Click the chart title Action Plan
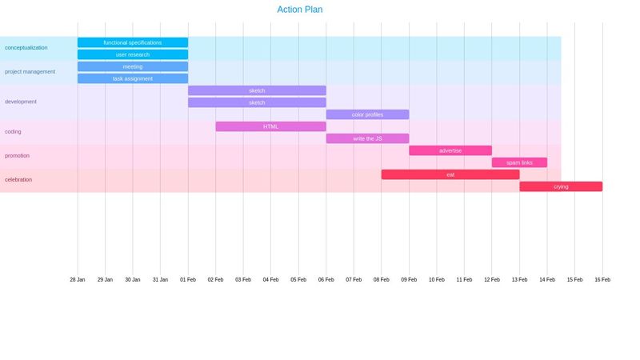[300, 10]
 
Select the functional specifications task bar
[133, 42]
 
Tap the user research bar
[133, 54]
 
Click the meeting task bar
[133, 66]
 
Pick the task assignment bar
[133, 78]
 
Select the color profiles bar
[367, 114]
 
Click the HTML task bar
[270, 126]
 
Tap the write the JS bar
[367, 138]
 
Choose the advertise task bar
[450, 150]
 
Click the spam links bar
[519, 162]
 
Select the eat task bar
[450, 174]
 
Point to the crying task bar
[561, 186]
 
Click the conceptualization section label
[26, 48]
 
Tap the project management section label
[30, 72]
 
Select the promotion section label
[17, 156]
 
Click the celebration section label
[18, 180]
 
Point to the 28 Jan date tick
[78, 279]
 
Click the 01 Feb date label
[188, 279]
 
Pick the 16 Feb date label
[602, 279]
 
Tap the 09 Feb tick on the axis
[409, 279]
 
